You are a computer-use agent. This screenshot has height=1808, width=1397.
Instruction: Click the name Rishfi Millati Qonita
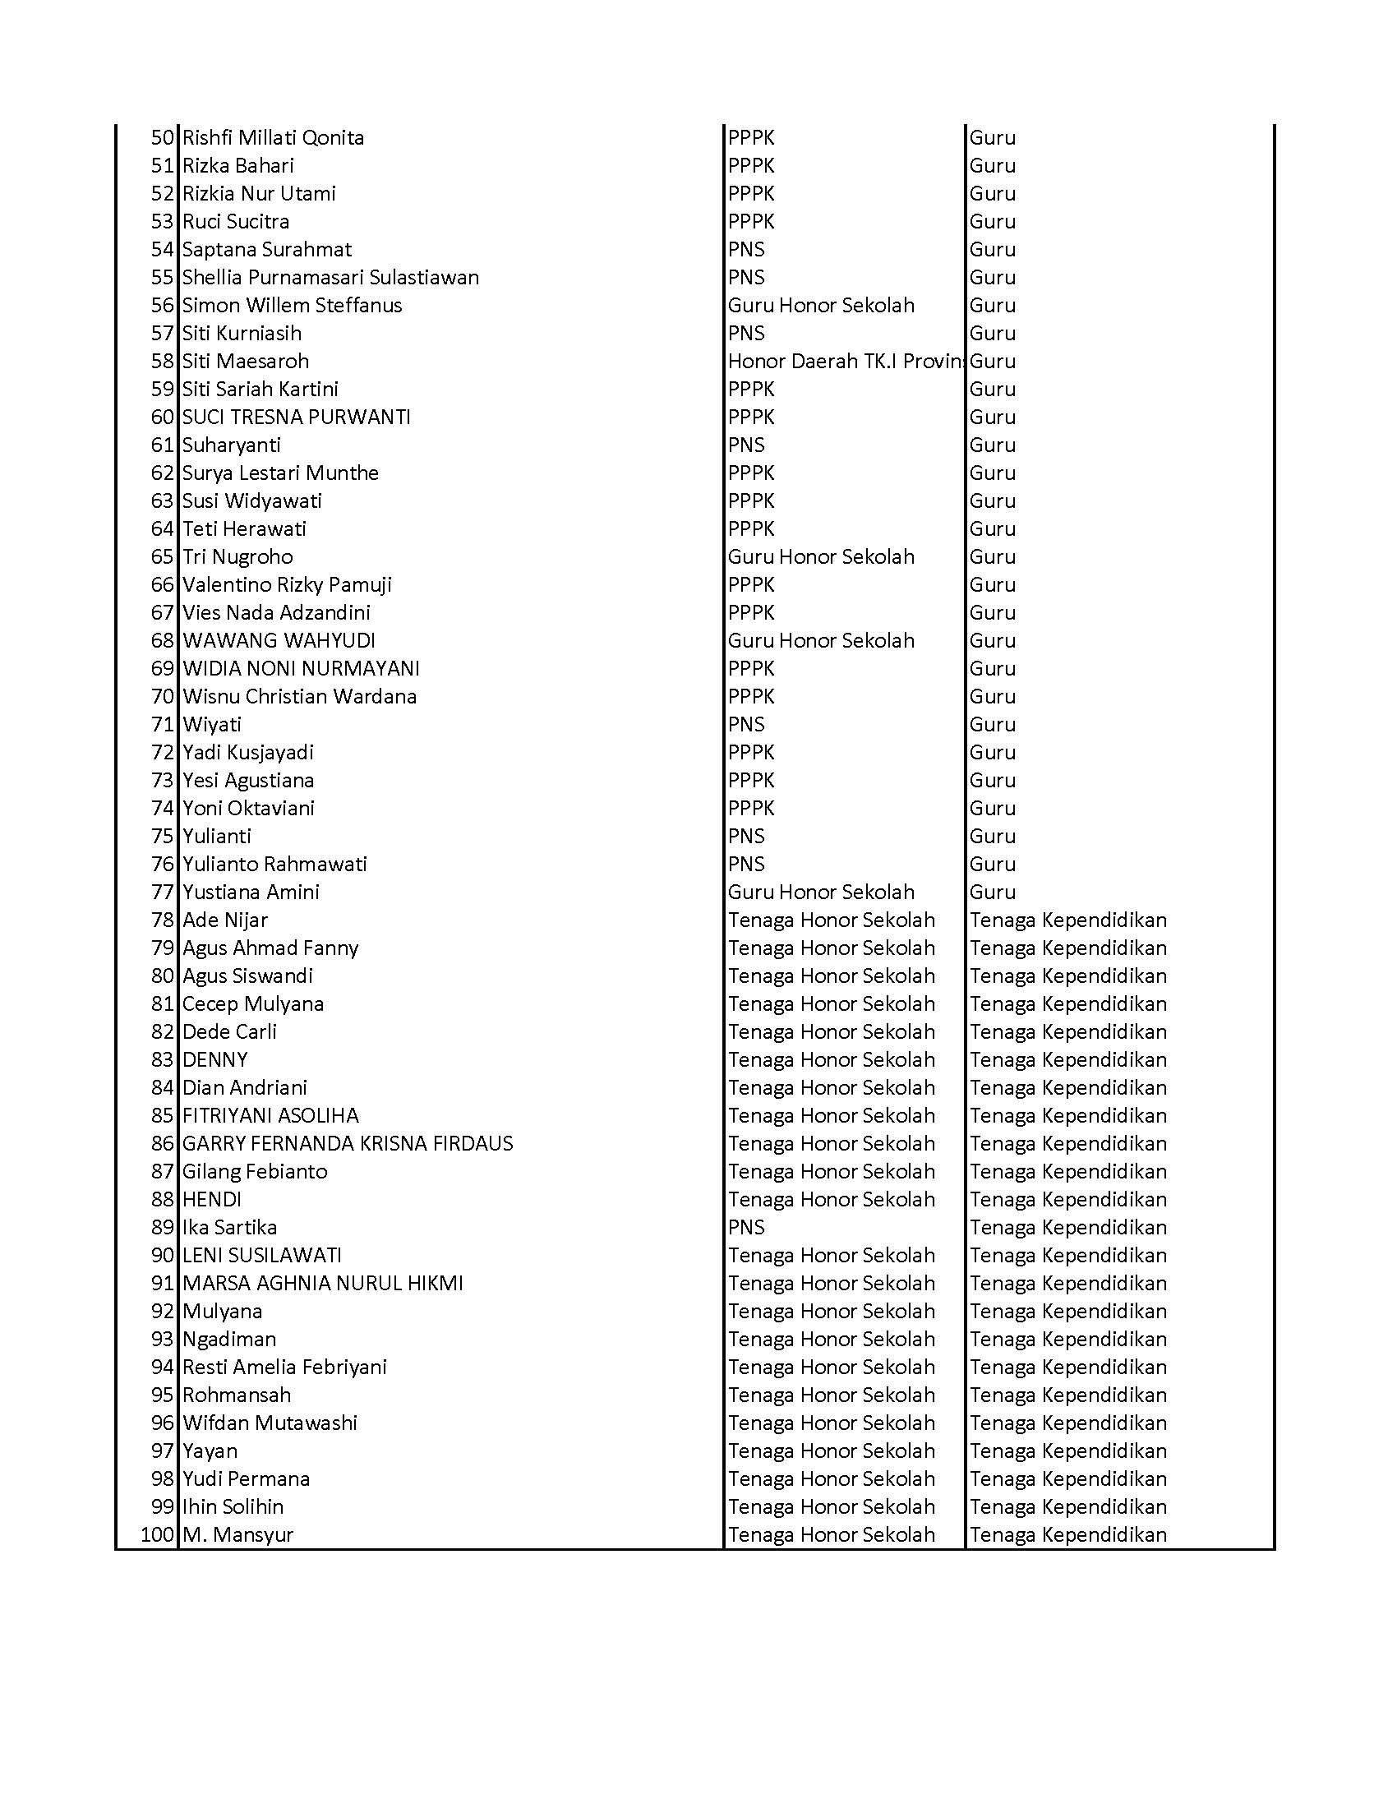click(273, 137)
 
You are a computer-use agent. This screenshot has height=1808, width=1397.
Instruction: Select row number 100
click(157, 1535)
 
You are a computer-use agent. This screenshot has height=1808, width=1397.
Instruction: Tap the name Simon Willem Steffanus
click(293, 306)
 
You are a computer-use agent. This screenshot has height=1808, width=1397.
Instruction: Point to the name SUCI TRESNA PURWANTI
click(297, 417)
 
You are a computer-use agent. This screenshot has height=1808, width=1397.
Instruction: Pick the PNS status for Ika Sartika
click(746, 1228)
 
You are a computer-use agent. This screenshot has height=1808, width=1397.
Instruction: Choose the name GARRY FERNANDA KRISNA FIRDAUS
click(348, 1144)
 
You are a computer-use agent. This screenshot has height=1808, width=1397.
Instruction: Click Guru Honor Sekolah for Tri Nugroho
click(821, 557)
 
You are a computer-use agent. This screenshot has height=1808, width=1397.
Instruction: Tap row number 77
click(162, 892)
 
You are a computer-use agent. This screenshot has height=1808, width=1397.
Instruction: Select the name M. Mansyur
click(238, 1535)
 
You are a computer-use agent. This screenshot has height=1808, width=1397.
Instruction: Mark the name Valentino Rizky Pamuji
click(287, 585)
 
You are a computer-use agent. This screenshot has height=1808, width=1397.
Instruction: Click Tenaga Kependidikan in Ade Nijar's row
click(1067, 920)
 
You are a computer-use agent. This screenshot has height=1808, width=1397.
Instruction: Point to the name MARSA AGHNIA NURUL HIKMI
click(323, 1283)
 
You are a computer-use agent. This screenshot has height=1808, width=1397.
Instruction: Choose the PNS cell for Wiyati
click(746, 724)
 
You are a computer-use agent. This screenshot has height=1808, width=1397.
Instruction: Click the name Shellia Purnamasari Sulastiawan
click(330, 277)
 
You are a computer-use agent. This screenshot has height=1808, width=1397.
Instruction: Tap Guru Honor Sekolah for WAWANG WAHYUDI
click(821, 641)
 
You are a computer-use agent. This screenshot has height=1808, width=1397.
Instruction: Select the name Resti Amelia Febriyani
click(284, 1367)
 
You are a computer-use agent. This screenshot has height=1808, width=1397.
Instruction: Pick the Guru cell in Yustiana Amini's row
click(993, 892)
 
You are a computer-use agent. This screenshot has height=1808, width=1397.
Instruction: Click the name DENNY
click(215, 1059)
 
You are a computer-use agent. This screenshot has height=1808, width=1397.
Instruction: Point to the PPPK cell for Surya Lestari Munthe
click(750, 473)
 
